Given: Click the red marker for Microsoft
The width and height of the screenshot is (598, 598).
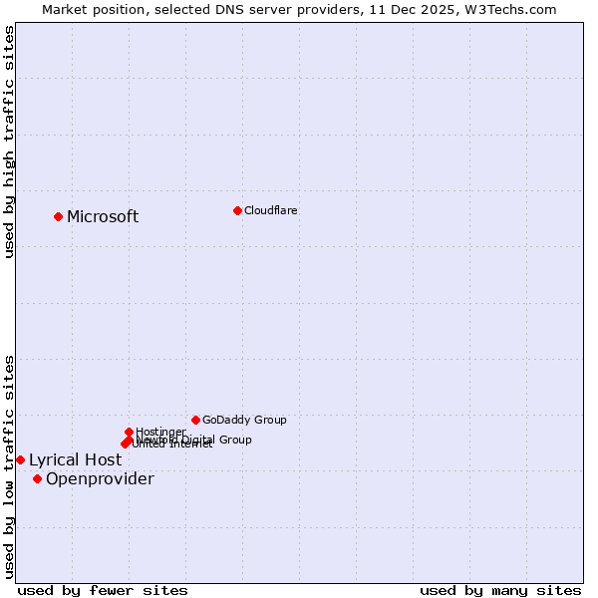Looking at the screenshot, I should [58, 216].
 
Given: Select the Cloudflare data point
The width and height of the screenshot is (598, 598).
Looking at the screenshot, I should [237, 210].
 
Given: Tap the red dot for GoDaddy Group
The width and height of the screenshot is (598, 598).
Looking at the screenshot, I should [195, 420].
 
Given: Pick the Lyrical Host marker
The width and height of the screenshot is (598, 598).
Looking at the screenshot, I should [20, 459].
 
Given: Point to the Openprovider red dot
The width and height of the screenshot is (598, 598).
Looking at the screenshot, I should [37, 478].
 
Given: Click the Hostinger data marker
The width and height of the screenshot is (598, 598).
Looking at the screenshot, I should [129, 432].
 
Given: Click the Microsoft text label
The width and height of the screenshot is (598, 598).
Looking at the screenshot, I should [103, 217].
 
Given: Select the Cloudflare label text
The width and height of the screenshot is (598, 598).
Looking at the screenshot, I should [271, 211].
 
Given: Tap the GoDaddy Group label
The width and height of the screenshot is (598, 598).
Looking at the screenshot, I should [244, 421].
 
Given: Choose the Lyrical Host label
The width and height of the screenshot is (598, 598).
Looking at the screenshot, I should [75, 460].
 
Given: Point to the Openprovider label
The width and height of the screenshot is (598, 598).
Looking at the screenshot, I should [100, 479].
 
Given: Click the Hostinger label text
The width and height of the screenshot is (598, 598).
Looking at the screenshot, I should [160, 433].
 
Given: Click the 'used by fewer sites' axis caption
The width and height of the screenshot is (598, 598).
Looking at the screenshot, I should [103, 590].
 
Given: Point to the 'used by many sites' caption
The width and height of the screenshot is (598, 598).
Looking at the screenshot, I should [500, 590].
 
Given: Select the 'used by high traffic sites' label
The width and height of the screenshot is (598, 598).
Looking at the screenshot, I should [10, 142].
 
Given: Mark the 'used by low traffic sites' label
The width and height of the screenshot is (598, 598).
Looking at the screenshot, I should [10, 466].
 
